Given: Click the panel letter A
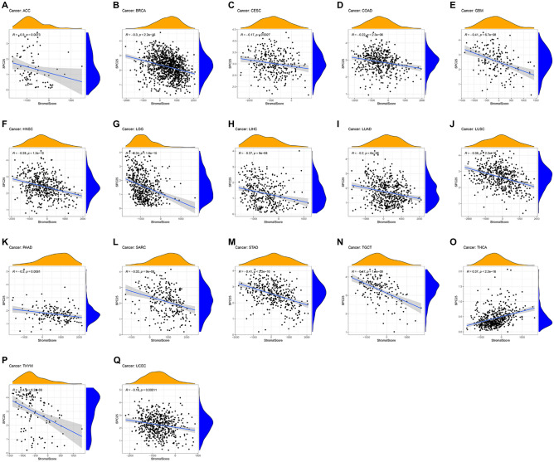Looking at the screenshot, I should tap(5, 5).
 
